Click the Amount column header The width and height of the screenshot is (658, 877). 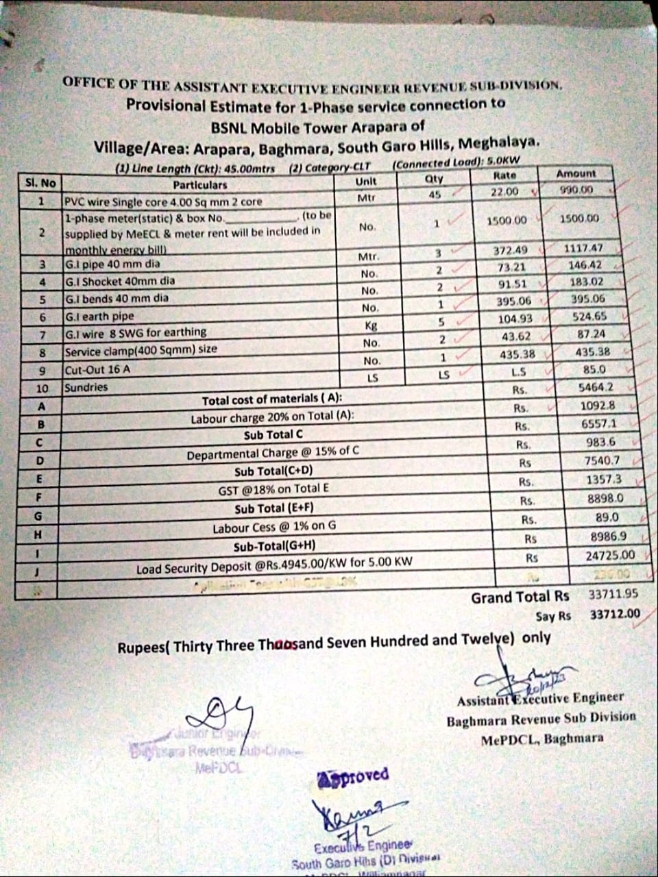576,174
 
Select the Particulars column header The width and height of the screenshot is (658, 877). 199,185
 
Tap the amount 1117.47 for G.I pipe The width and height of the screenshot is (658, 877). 583,248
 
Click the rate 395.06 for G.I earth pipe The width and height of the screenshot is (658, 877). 513,301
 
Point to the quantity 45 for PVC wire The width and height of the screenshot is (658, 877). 435,195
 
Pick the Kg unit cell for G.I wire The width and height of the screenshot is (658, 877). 371,325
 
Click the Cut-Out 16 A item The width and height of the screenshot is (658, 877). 97,369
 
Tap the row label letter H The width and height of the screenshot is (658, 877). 38,534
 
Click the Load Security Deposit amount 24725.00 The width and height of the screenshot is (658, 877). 610,556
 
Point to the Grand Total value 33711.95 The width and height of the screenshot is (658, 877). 613,595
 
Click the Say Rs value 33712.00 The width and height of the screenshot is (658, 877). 615,615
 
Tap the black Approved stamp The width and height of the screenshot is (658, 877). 354,776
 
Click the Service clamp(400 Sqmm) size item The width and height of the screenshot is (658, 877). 141,350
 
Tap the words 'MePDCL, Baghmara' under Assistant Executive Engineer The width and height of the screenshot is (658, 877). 542,739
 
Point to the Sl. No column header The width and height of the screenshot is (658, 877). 40,183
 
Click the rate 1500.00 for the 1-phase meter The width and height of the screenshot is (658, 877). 507,221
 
